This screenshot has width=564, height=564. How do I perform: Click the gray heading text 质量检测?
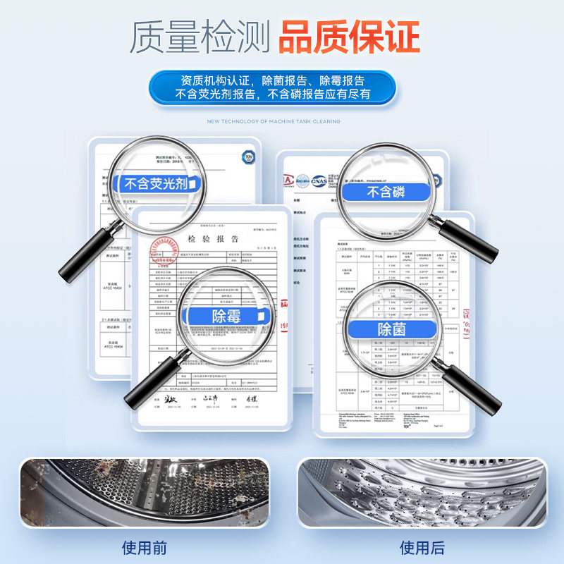(x=200, y=37)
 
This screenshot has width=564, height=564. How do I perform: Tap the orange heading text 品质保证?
(x=349, y=37)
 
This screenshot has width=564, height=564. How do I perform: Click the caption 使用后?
(x=422, y=547)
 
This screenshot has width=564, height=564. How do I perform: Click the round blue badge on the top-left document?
(x=247, y=157)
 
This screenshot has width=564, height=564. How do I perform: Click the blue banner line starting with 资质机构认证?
(x=272, y=80)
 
